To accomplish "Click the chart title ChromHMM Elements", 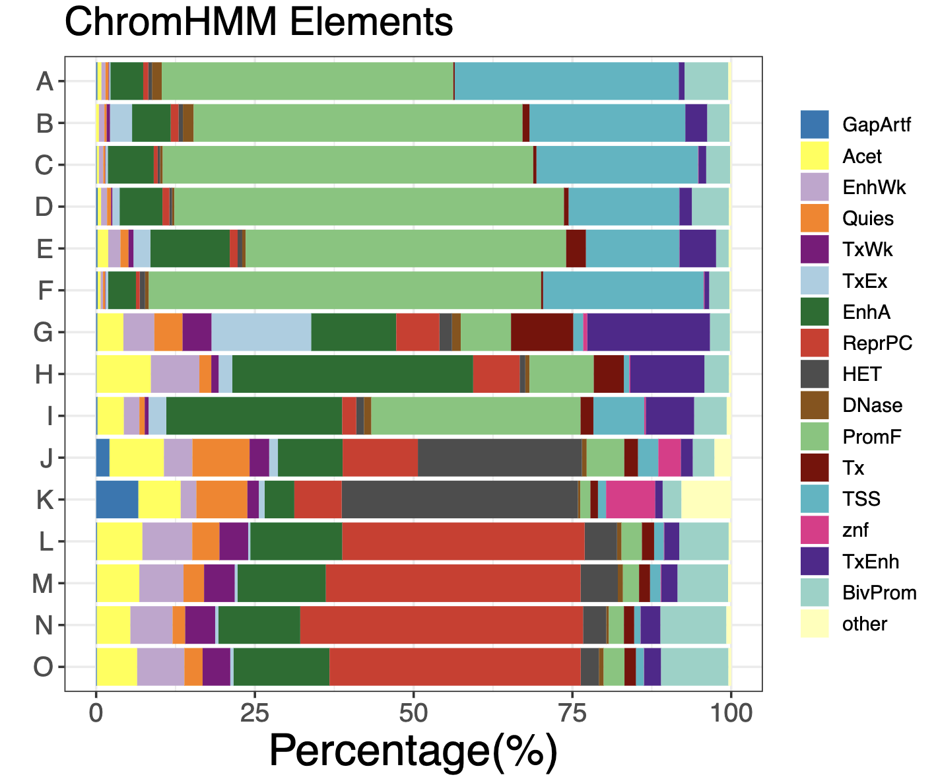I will click(x=259, y=22).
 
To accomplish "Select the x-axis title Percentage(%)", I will click(x=413, y=751).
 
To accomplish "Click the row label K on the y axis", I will click(x=44, y=500).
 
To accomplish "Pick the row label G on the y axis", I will click(x=44, y=332).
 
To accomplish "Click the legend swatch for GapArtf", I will click(x=815, y=125).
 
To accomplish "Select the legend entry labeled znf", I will click(x=855, y=530).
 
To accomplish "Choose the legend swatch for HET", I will click(x=815, y=374).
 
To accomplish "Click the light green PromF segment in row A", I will click(x=308, y=81).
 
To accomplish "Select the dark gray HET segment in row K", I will click(x=459, y=500).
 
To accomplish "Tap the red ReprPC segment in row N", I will click(x=441, y=625).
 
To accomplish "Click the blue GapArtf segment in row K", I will click(x=117, y=500).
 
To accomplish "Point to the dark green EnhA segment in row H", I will click(x=352, y=374).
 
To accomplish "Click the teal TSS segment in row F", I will click(x=623, y=290).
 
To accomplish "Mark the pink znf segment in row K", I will click(x=630, y=500).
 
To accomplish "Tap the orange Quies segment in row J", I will click(x=220, y=458).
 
